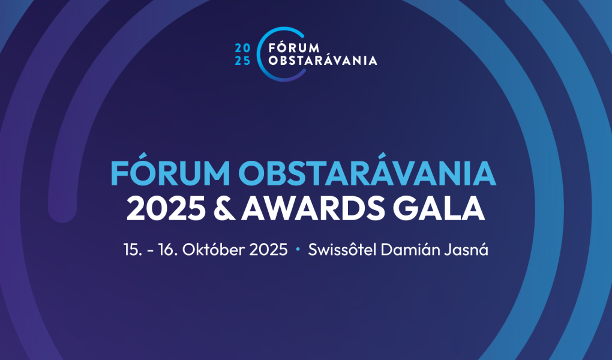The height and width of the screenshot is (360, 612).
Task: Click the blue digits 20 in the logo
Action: (242, 49)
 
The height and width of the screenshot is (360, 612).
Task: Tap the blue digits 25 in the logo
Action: (242, 61)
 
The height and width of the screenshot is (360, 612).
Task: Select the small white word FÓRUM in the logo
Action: (294, 47)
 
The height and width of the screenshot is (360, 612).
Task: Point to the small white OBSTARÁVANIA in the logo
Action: (323, 61)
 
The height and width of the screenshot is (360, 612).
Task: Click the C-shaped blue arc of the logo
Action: (259, 54)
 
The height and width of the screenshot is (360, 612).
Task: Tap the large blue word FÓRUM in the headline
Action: (170, 172)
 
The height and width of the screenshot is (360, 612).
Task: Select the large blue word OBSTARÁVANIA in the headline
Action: (367, 172)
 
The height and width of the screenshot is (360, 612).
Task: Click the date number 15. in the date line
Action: (133, 250)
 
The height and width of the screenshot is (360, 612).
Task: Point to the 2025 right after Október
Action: (268, 250)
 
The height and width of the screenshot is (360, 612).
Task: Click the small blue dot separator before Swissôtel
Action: (298, 249)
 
